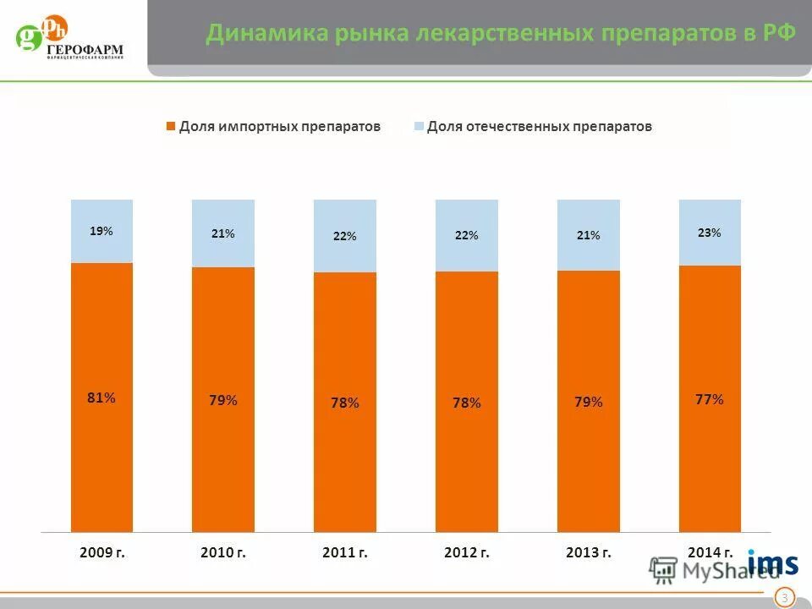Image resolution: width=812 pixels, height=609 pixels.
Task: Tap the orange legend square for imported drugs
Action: tap(170, 126)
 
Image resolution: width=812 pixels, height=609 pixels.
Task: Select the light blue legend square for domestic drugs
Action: tap(418, 126)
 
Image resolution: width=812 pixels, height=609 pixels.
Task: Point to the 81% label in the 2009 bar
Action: tap(101, 398)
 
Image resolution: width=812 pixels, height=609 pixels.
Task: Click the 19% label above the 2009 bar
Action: tap(101, 230)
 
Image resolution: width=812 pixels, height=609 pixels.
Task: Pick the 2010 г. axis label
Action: tap(223, 552)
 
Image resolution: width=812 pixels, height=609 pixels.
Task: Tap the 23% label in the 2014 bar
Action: tap(710, 232)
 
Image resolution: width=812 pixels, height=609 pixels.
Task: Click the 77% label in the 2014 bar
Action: tap(710, 399)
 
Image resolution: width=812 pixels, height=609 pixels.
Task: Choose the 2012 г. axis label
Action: tap(466, 552)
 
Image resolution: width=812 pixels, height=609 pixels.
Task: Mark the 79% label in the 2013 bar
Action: tap(588, 402)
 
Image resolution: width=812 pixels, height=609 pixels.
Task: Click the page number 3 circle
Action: tap(784, 598)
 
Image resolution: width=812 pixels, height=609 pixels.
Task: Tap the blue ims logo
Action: tap(772, 563)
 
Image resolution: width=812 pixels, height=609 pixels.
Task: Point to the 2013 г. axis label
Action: tap(588, 552)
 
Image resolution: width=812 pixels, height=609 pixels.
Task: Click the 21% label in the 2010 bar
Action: tap(223, 233)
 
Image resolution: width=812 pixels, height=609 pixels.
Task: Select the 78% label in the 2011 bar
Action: tap(344, 403)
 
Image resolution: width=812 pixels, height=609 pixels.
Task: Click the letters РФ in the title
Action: tap(780, 33)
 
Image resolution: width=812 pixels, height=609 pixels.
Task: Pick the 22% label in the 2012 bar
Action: tap(466, 235)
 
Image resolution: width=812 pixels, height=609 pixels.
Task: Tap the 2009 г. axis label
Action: tap(101, 552)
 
